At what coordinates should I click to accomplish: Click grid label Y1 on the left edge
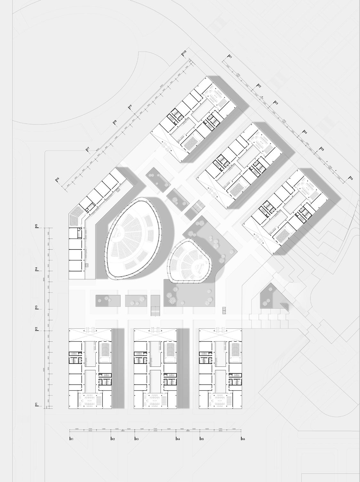[37, 405]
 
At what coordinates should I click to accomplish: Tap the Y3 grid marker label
[37, 307]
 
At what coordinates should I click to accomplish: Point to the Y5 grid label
[36, 226]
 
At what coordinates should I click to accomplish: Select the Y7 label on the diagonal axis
[88, 149]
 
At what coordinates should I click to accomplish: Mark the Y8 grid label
[115, 122]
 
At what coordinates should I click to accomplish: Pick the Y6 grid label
[58, 179]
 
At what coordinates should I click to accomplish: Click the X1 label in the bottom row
[71, 439]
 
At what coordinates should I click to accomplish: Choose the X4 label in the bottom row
[178, 439]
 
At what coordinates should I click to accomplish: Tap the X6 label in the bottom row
[243, 439]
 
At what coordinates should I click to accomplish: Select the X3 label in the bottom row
[137, 439]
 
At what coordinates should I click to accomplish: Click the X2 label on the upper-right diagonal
[259, 86]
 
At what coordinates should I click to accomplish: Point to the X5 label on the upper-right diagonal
[322, 149]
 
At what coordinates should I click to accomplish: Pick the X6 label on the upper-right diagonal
[351, 178]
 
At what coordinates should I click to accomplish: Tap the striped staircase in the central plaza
[155, 311]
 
